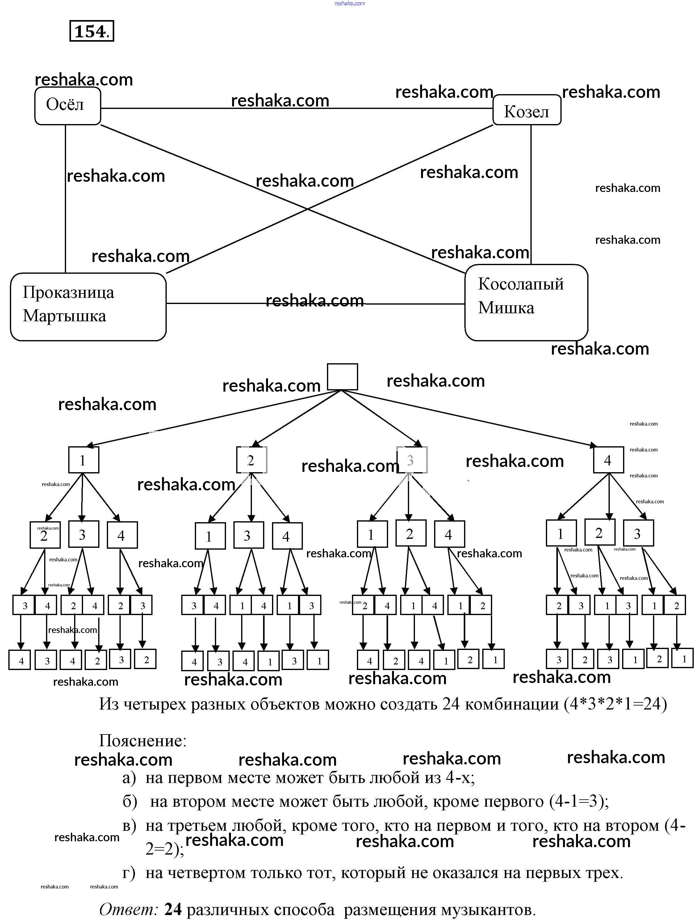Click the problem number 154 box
[91, 31]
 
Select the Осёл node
[67, 106]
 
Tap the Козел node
[526, 110]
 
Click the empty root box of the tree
[342, 377]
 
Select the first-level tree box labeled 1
[84, 460]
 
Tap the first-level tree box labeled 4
[608, 460]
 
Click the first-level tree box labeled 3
[411, 460]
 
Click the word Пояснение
[142, 741]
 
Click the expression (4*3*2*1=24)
[615, 704]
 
